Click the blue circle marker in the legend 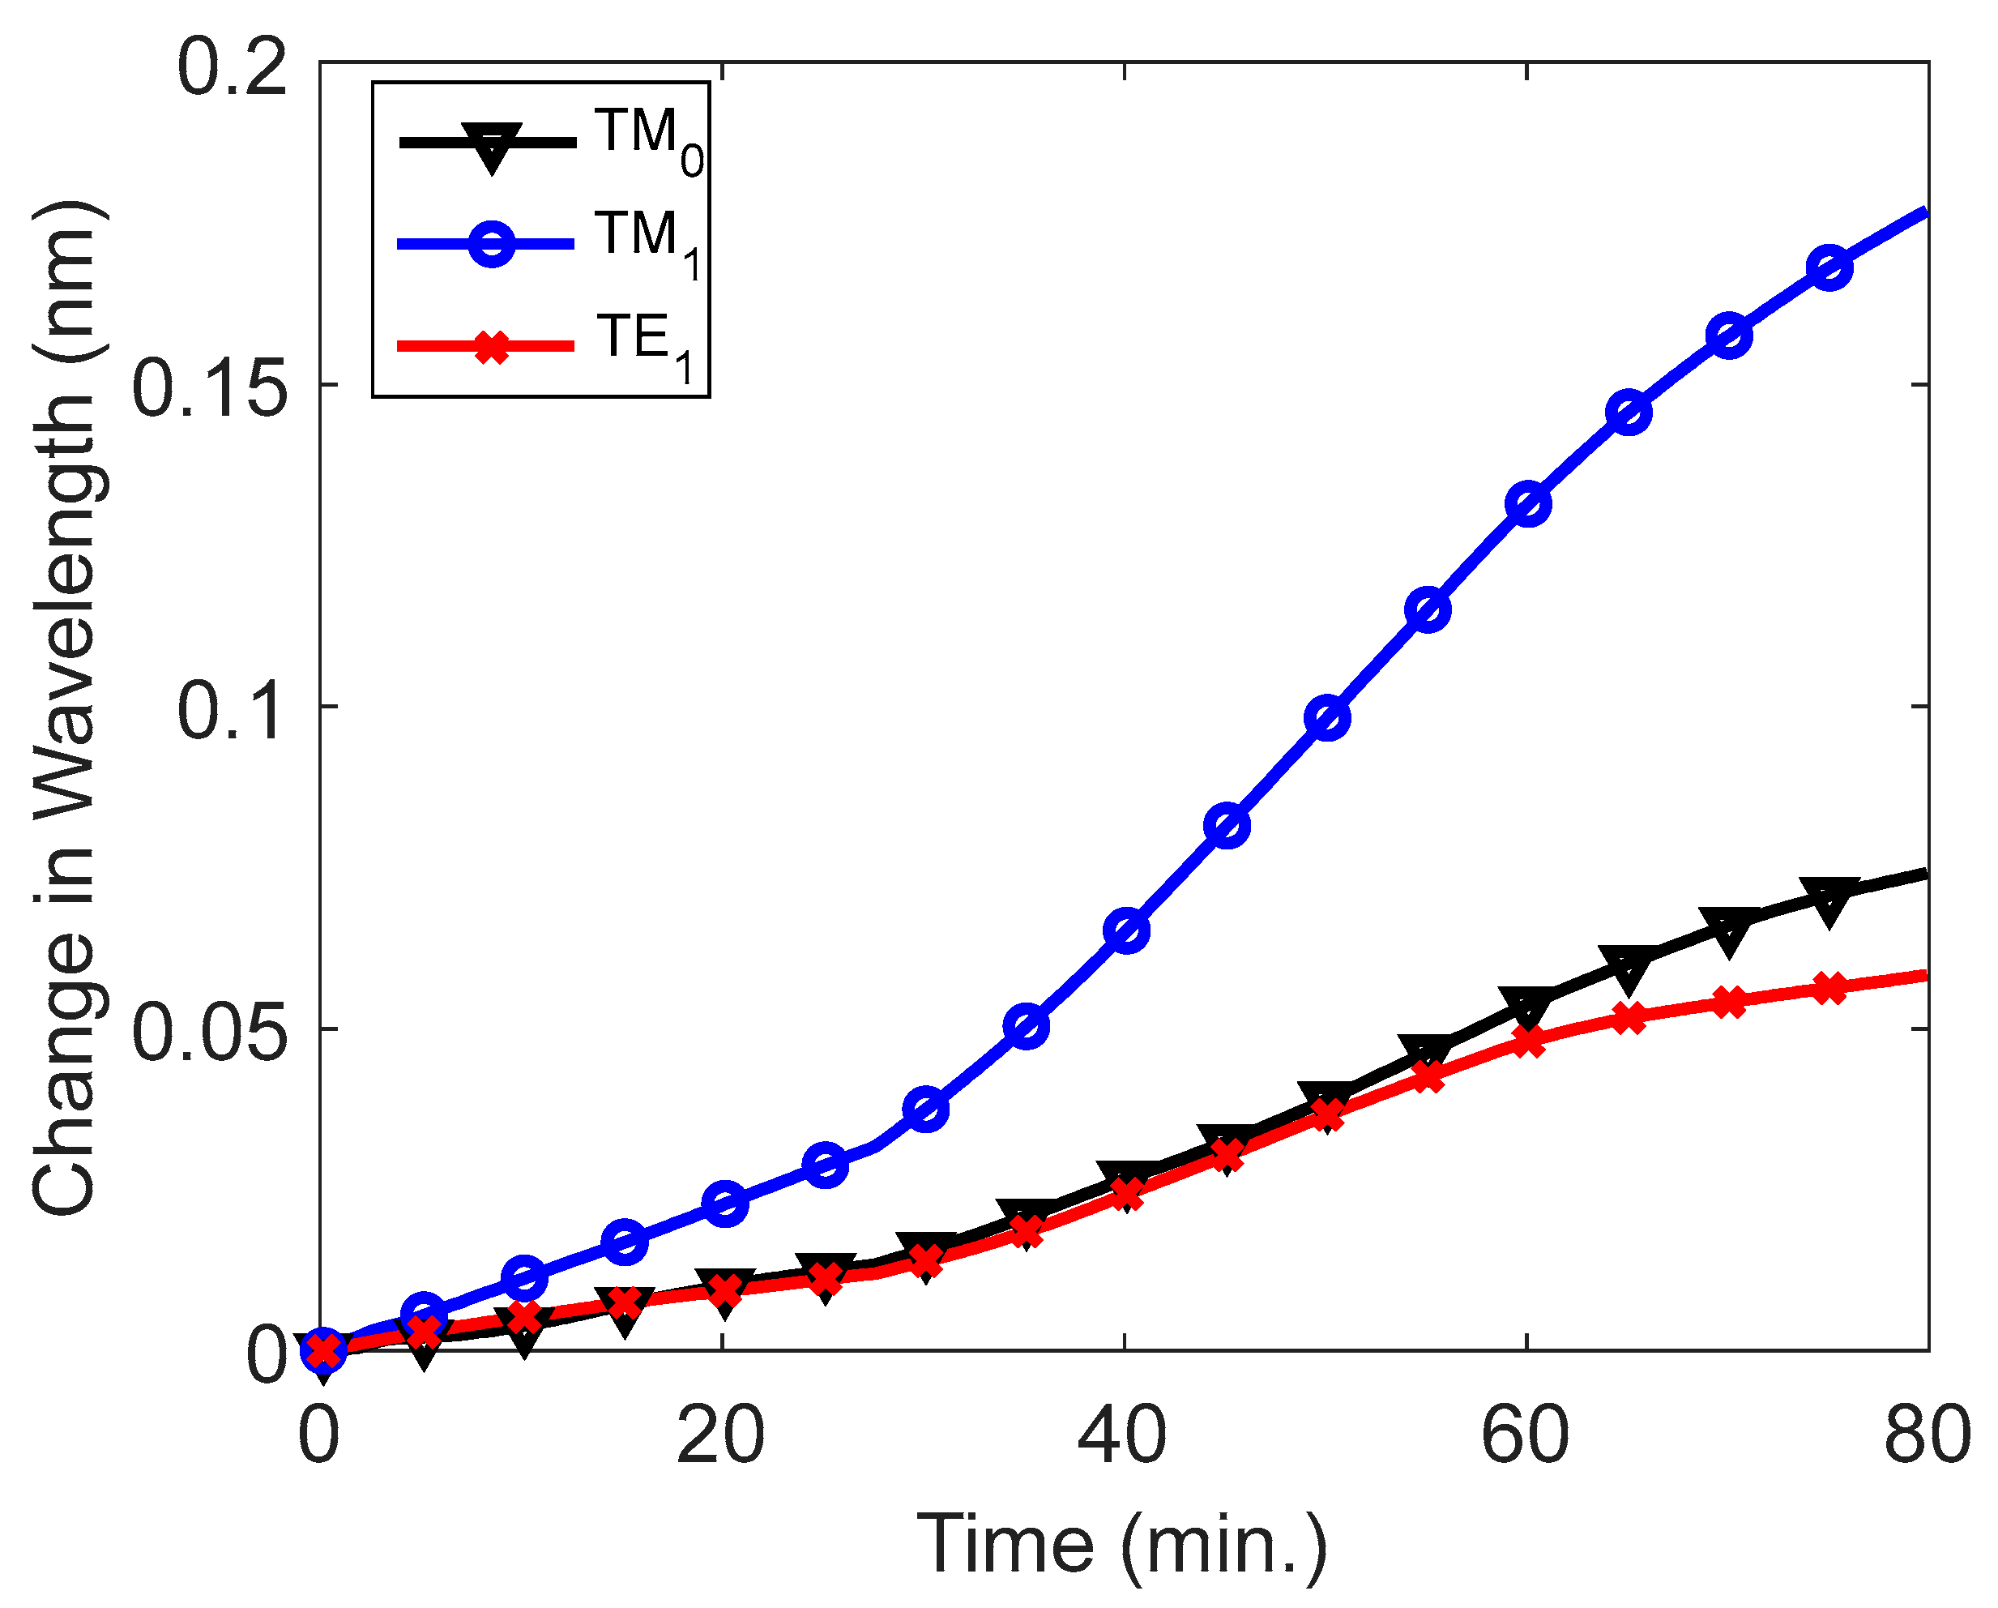click(x=491, y=244)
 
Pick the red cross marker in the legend click(x=491, y=347)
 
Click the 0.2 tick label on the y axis click(x=232, y=70)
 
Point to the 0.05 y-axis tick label click(x=209, y=1034)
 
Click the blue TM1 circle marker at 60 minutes click(x=1528, y=504)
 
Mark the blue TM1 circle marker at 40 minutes click(x=1127, y=930)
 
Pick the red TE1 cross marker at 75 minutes click(x=1829, y=989)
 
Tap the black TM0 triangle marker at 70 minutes click(x=1729, y=930)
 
